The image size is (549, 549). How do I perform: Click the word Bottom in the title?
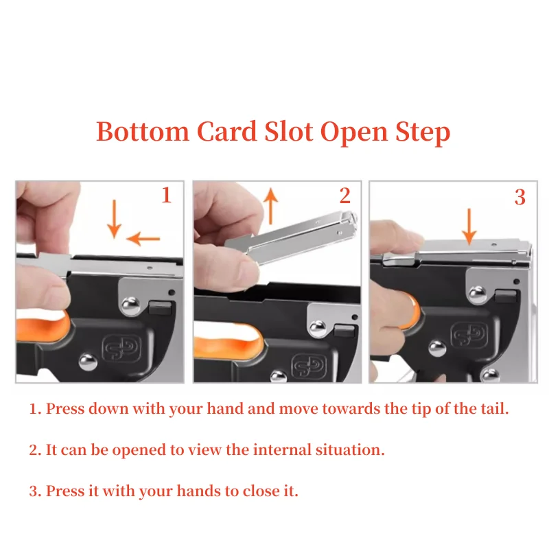click(143, 131)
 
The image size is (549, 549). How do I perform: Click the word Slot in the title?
click(288, 131)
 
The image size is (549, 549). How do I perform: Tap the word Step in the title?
click(423, 133)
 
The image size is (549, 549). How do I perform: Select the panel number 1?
click(166, 195)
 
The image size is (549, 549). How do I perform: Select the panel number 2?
click(345, 195)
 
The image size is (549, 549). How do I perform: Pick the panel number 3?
click(520, 197)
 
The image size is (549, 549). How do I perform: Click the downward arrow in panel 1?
click(114, 219)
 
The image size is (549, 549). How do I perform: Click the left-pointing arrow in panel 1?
click(143, 239)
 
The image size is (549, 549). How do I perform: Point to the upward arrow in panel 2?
click(270, 206)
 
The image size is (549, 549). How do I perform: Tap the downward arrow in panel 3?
click(469, 226)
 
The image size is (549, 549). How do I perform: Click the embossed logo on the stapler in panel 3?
click(469, 334)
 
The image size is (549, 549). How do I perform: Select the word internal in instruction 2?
click(282, 449)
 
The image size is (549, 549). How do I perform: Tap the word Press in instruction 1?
click(65, 408)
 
